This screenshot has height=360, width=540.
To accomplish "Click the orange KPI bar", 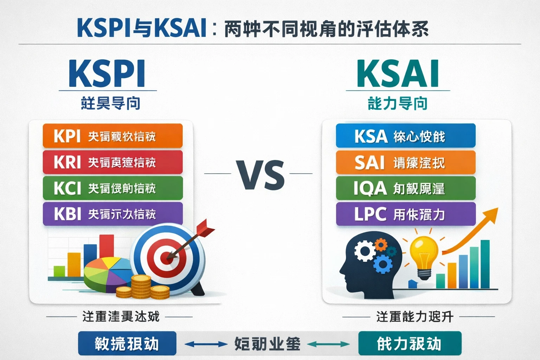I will coord(112,136).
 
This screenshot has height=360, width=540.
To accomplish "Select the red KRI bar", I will coord(112,162).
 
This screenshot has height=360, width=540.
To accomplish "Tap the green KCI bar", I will coord(112,188).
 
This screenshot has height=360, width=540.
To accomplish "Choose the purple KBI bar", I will coord(112,214).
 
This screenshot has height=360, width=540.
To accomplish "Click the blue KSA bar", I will coord(405,136).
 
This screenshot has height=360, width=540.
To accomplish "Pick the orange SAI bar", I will coord(405,162).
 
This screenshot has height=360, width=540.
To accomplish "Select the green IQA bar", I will coord(405,188).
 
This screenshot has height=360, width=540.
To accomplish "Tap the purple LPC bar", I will coord(405,214).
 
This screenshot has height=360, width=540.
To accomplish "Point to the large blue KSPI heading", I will coord(107,74).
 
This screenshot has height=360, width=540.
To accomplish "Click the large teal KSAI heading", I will coord(398,74).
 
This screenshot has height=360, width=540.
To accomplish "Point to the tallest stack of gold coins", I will coord(141,287).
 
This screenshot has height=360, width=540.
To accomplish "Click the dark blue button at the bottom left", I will coord(127,343).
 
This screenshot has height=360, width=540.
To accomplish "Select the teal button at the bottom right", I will coord(410,343).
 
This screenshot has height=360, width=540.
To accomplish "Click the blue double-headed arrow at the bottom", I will coord(206,344).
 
